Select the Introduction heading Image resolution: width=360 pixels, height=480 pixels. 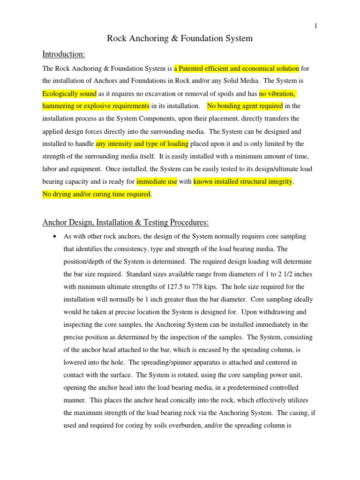63,54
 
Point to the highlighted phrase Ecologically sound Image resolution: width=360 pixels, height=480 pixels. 69,94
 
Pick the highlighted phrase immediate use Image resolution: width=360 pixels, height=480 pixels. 157,182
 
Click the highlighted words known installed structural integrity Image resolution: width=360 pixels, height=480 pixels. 243,182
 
